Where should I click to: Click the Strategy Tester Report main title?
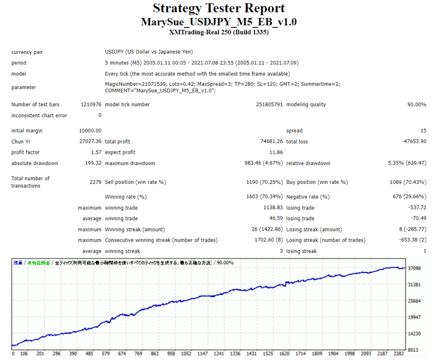[x=219, y=8]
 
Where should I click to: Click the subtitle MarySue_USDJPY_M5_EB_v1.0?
[x=219, y=22]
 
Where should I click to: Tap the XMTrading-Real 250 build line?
[x=219, y=33]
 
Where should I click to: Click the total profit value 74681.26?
[x=268, y=141]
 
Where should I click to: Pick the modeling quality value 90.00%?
[x=416, y=105]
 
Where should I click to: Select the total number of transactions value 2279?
[x=95, y=182]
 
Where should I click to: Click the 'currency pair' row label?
[x=27, y=52]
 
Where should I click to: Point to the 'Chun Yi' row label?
[x=21, y=141]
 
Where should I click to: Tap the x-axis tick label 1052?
[x=186, y=354]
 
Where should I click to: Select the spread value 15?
[x=423, y=131]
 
